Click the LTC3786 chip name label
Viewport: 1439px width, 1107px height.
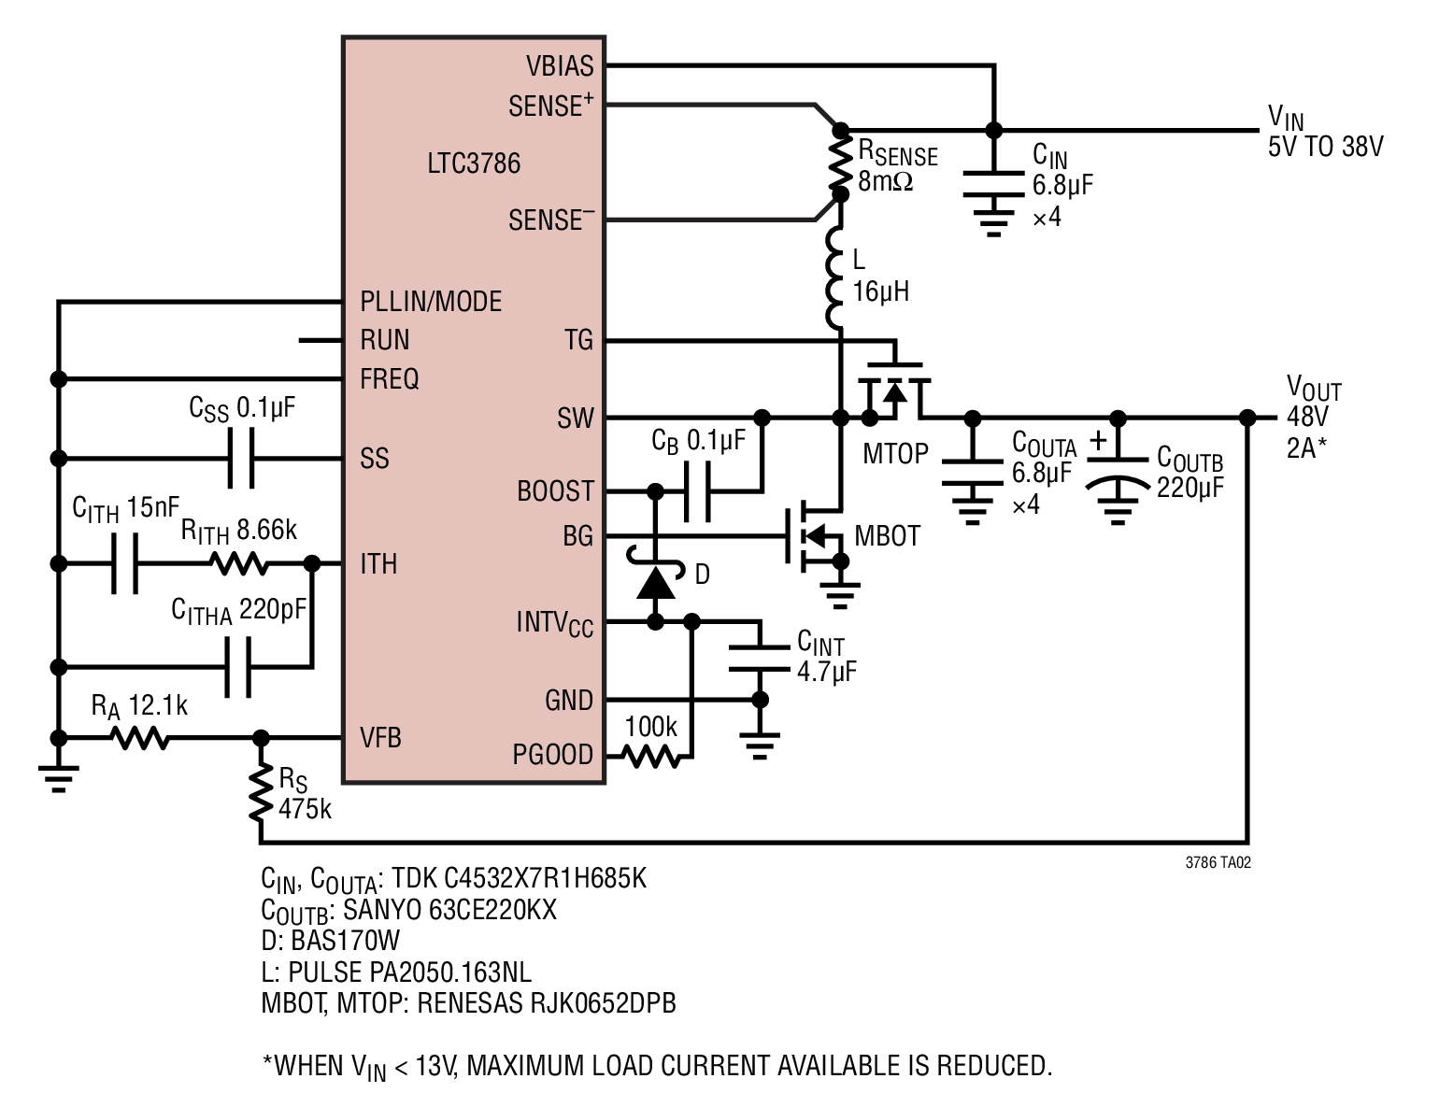tap(474, 163)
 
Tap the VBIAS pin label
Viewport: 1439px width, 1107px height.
tap(560, 66)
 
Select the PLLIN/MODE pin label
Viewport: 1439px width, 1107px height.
tap(431, 302)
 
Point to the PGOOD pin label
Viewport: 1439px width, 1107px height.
tap(552, 755)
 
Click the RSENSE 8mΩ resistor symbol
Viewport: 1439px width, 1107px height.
tap(840, 163)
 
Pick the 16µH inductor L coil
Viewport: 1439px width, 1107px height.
tap(834, 278)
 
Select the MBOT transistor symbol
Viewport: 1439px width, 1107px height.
tap(816, 536)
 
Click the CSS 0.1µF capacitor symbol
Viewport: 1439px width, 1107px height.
tap(240, 458)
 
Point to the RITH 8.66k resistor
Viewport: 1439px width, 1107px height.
tap(239, 564)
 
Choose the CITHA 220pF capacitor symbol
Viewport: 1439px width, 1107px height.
tap(237, 667)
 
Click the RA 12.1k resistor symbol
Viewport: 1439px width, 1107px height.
tap(140, 738)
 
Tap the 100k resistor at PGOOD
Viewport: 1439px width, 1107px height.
tap(651, 756)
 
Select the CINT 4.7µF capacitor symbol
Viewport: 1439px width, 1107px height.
tap(760, 658)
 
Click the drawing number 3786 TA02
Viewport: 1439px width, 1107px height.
tap(1218, 862)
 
